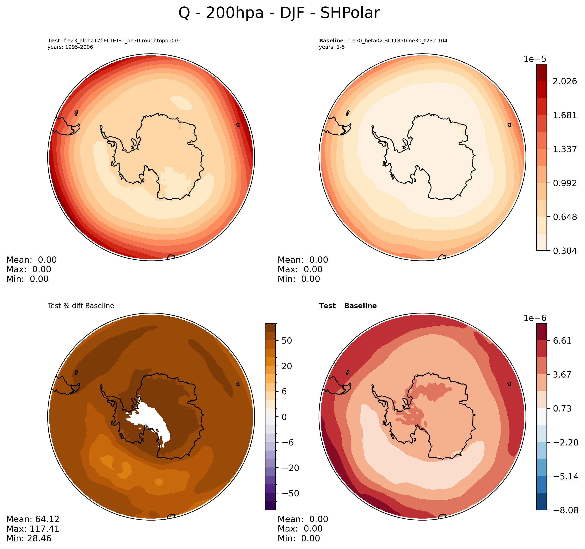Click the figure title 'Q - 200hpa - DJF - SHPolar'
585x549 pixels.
[x=279, y=13]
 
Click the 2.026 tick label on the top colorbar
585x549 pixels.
[x=565, y=81]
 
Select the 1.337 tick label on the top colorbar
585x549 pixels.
[x=565, y=149]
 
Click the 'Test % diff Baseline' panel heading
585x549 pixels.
[x=81, y=306]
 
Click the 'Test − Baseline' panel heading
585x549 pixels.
[x=348, y=306]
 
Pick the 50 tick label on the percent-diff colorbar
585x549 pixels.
[x=287, y=341]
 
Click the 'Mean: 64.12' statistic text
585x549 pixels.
[x=33, y=519]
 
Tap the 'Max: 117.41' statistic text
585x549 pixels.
[x=33, y=529]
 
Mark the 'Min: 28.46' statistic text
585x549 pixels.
[x=29, y=539]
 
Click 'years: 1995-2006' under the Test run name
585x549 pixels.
[x=70, y=47]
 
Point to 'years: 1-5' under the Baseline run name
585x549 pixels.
[x=332, y=47]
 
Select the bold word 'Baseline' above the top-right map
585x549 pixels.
[x=331, y=41]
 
